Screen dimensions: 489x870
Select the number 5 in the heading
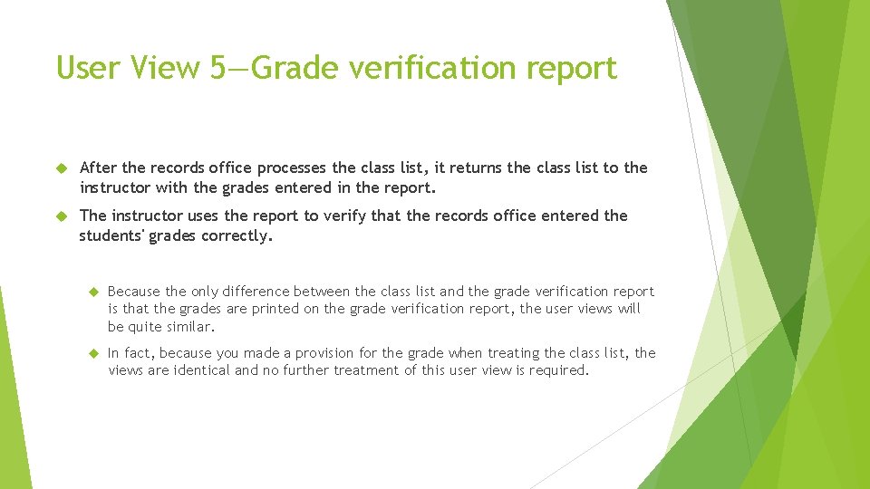[220, 68]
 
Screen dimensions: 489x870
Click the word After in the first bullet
[98, 168]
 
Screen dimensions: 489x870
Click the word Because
[134, 291]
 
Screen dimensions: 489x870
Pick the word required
[558, 370]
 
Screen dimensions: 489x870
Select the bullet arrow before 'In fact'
[92, 353]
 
